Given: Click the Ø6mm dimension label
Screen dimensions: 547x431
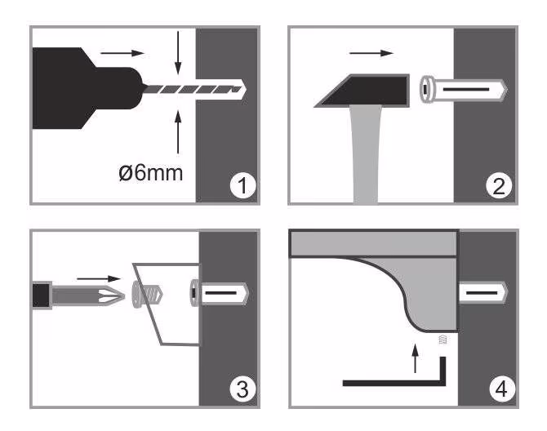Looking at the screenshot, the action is tap(151, 172).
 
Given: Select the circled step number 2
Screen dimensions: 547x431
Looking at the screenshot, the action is tap(499, 186).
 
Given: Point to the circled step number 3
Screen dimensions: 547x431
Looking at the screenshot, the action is tap(242, 389).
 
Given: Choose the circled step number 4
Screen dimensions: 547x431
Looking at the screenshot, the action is tap(501, 389).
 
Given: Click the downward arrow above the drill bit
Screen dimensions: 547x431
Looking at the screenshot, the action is tap(178, 53).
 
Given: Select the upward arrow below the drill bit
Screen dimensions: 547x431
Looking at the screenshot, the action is tap(178, 131).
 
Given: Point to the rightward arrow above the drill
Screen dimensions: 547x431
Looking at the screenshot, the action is tap(122, 53).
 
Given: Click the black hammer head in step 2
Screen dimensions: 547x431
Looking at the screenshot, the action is tap(362, 91).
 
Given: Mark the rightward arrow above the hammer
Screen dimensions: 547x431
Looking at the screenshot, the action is tap(371, 53).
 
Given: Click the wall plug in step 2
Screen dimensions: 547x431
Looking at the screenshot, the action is tap(463, 89).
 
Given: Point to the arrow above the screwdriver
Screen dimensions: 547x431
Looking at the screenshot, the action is tap(98, 278).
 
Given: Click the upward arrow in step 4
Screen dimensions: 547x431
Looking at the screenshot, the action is tap(415, 358).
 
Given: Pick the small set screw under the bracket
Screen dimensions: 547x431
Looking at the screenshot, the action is tap(442, 340).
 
